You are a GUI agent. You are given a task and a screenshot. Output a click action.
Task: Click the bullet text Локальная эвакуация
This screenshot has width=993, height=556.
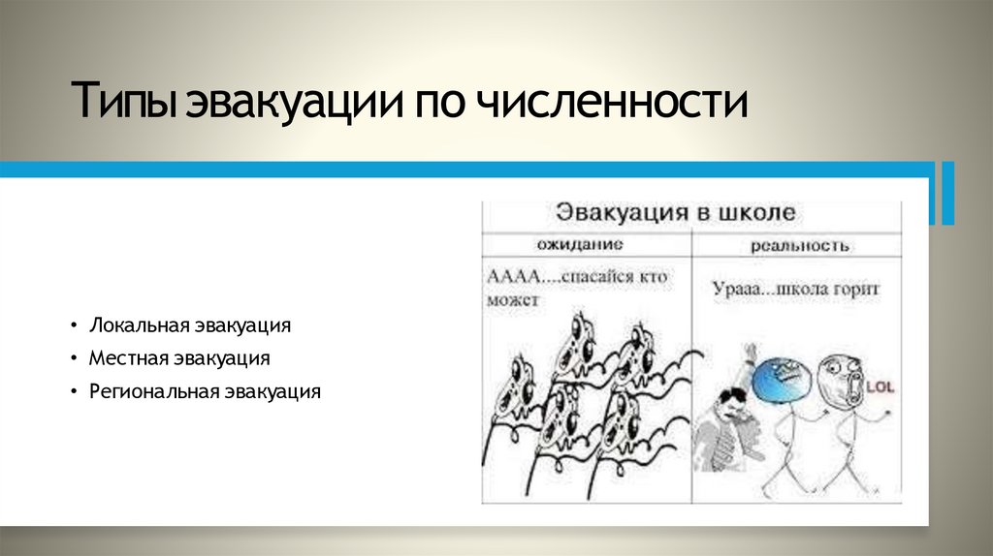(190, 324)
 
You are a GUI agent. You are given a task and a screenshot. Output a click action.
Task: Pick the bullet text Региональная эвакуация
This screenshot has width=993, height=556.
(205, 391)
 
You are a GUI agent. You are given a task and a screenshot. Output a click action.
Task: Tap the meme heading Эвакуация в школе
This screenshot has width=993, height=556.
(674, 212)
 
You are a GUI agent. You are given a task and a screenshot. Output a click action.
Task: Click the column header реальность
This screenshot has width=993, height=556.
(800, 245)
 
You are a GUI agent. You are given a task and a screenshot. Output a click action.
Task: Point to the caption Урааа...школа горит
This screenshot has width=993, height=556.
(795, 289)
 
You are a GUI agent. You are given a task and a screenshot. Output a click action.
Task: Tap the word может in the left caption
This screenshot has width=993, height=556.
(512, 300)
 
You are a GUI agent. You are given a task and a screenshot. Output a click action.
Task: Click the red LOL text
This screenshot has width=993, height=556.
(880, 386)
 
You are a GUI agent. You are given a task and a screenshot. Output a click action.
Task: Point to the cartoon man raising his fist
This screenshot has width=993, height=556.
(728, 417)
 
